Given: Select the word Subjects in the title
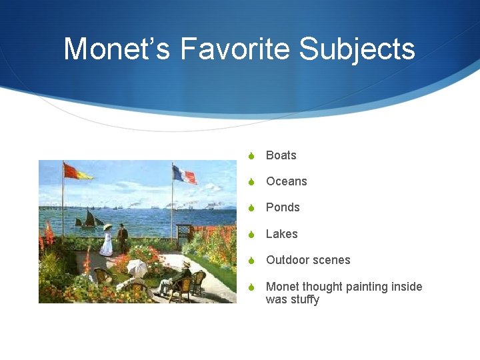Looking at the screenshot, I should click(357, 49).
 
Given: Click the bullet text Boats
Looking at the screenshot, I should click(281, 155).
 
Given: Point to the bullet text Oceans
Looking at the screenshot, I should click(286, 181).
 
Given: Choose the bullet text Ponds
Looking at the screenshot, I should click(283, 207).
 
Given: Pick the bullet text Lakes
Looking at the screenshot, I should click(281, 234).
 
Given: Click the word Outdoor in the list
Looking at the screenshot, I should click(287, 260).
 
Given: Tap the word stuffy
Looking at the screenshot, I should click(303, 299).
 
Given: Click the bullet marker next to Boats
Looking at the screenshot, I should click(251, 156).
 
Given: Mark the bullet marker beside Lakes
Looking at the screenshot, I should click(251, 235).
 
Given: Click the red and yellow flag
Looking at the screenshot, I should click(77, 172).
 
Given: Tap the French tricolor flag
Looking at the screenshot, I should click(185, 175).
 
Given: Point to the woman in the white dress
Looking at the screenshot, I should click(107, 241).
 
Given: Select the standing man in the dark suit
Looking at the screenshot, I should click(123, 237).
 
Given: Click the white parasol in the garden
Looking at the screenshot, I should click(137, 267).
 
